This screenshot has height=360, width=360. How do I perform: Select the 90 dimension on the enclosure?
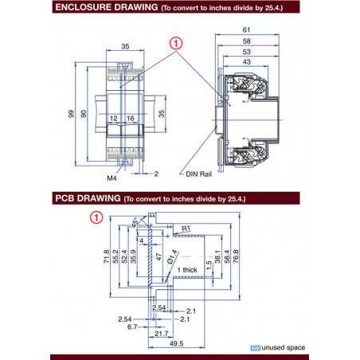click(83, 115)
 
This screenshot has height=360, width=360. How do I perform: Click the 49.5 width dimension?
click(176, 344)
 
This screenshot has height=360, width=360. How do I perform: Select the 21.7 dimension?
click(161, 334)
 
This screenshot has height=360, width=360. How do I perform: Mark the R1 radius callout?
click(186, 229)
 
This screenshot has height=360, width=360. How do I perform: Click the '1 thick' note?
click(189, 272)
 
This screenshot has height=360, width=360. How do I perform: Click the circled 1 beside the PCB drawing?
click(97, 216)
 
